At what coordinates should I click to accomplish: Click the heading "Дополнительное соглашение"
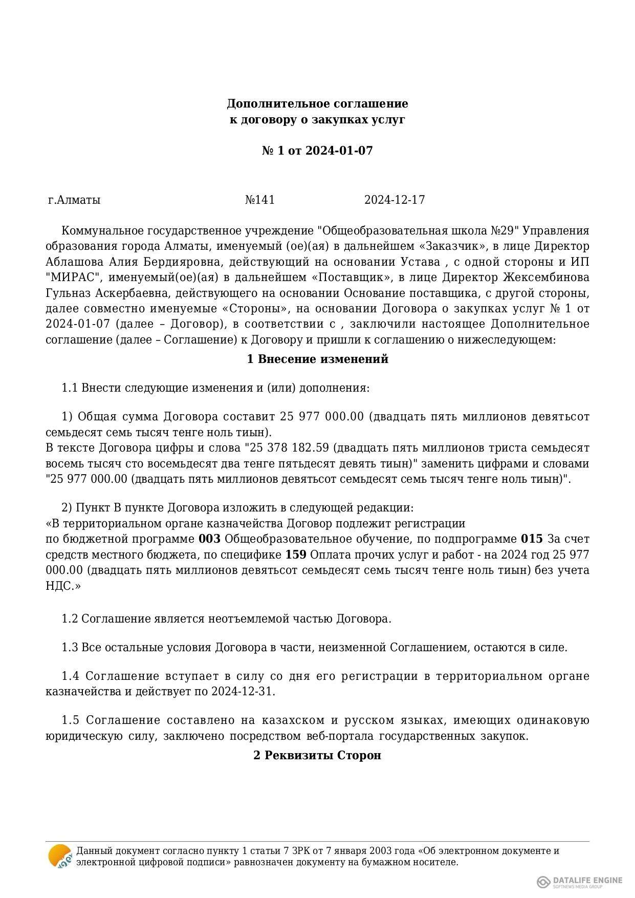(317, 104)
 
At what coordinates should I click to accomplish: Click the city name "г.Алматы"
(74, 200)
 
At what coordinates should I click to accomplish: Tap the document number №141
(260, 200)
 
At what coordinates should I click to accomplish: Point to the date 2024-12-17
(395, 200)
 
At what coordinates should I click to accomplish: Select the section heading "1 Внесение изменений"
(317, 359)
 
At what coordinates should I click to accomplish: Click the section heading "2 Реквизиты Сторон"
(317, 755)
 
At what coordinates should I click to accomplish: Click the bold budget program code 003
(209, 539)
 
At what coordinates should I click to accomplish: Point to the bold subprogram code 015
(531, 539)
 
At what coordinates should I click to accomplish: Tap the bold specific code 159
(295, 555)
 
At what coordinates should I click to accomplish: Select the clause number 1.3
(70, 648)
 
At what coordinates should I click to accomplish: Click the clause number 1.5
(71, 720)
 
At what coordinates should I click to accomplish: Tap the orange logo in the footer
(59, 856)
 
